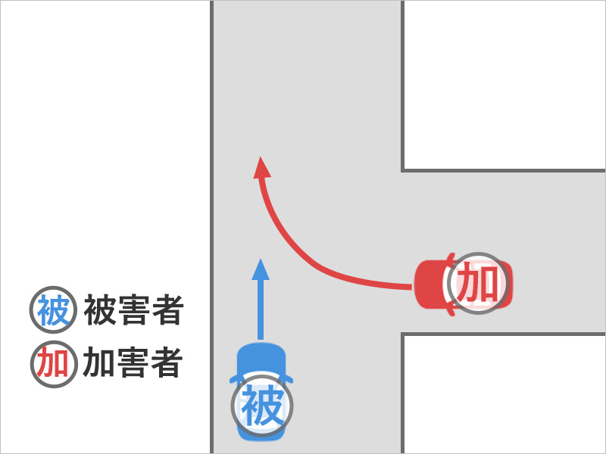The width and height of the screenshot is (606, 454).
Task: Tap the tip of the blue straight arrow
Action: (x=261, y=260)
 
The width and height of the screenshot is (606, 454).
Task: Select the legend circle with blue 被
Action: (x=53, y=311)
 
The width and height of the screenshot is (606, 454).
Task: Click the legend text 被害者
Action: (x=133, y=311)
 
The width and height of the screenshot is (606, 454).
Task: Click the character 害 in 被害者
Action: (x=133, y=311)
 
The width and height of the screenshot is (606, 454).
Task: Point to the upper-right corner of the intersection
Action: (x=402, y=170)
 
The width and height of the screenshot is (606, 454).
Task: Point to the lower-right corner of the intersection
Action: (x=402, y=334)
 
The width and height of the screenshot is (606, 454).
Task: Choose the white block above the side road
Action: (x=504, y=83)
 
